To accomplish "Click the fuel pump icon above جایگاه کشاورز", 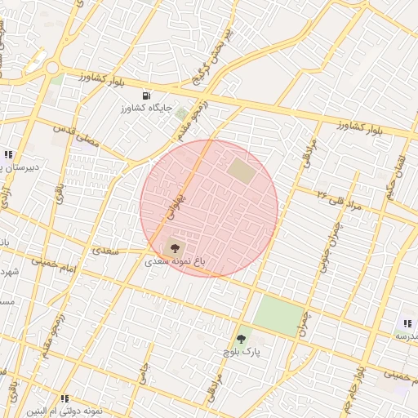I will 146,96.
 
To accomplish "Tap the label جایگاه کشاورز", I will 145,108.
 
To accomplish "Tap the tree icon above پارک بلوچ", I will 240,339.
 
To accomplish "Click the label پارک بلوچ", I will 242,352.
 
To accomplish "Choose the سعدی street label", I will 106,251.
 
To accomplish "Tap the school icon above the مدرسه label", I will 407,324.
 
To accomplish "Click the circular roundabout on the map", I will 53,69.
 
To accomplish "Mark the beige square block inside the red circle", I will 241,171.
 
